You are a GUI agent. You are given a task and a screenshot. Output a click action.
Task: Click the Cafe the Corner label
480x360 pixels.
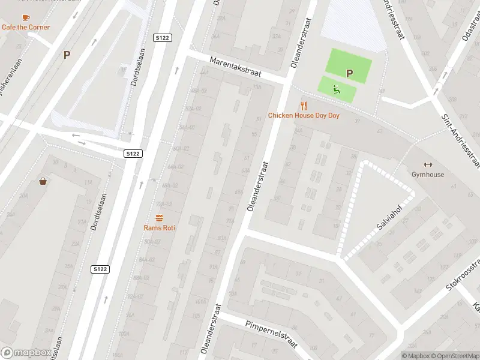pyautogui.click(x=26, y=27)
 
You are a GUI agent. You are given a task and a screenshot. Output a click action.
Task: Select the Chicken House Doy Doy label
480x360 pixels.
pyautogui.click(x=303, y=115)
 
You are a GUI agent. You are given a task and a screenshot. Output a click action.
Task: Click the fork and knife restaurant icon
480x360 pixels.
pyautogui.click(x=304, y=106)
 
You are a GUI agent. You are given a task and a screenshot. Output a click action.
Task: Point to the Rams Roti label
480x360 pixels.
pyautogui.click(x=160, y=227)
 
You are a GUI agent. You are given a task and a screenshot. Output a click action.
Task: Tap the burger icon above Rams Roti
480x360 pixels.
pyautogui.click(x=160, y=218)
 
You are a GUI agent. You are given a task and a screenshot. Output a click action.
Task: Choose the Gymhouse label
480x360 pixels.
pyautogui.click(x=428, y=175)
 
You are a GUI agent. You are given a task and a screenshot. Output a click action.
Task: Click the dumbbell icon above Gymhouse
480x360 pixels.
pyautogui.click(x=428, y=165)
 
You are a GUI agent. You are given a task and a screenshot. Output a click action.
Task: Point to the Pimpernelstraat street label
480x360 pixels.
pyautogui.click(x=272, y=333)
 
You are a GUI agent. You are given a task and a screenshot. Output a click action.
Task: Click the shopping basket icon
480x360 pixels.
pyautogui.click(x=43, y=181)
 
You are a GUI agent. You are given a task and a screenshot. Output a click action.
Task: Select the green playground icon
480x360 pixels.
pyautogui.click(x=337, y=90)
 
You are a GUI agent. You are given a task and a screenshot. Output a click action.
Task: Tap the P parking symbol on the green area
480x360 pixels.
pyautogui.click(x=349, y=73)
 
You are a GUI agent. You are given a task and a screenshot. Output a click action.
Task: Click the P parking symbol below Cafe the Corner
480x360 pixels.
pyautogui.click(x=67, y=55)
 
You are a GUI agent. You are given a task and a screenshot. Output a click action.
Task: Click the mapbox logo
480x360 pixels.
pyautogui.click(x=26, y=353)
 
